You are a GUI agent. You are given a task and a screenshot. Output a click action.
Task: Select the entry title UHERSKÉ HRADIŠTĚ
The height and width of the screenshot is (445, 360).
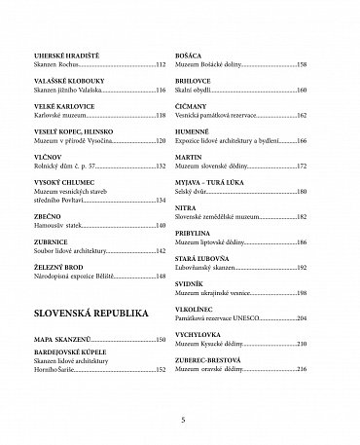click(62, 56)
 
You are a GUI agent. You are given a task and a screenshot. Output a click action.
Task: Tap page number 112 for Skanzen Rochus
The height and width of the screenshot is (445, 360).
click(161, 64)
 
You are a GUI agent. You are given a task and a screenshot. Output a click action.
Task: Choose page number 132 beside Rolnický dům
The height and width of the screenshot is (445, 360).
click(161, 166)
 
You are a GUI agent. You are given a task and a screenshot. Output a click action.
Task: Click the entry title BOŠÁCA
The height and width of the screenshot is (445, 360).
click(199, 56)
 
